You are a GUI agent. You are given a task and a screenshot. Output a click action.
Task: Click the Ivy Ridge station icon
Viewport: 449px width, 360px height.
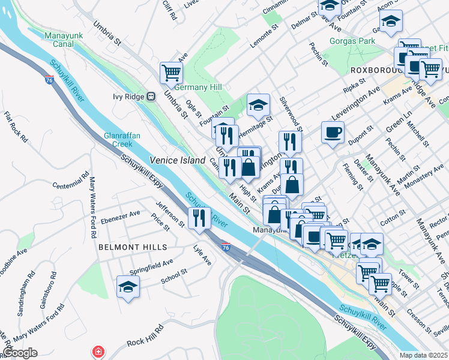[x=151, y=96]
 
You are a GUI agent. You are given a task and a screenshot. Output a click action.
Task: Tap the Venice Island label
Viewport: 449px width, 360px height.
[x=173, y=160]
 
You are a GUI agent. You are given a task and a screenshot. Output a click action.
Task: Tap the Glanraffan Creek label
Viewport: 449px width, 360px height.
[x=122, y=140]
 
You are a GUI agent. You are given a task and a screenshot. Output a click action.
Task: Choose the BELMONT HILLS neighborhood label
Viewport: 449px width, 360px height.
[x=133, y=247]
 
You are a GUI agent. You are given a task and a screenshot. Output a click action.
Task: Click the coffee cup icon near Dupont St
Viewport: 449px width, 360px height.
[x=332, y=133]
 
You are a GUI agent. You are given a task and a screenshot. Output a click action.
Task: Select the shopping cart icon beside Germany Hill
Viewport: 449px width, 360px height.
[x=171, y=73]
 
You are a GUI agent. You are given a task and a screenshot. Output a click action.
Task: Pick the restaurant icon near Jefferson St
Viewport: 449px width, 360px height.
[x=199, y=218]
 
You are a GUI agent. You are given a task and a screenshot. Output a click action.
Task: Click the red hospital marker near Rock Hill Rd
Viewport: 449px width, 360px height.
[x=97, y=351]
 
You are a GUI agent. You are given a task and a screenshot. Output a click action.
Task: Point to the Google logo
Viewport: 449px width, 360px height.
[x=20, y=353]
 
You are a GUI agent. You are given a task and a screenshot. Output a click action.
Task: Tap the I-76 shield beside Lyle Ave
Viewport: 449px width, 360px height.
[x=225, y=247]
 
